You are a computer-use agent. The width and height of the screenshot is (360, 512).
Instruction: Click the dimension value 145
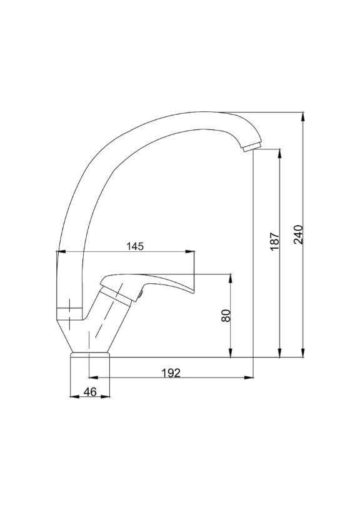click(x=135, y=246)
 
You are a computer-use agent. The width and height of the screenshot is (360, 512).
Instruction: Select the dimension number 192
click(x=171, y=373)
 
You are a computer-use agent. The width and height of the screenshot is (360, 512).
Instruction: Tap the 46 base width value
click(x=90, y=391)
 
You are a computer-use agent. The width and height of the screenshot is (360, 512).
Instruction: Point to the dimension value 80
click(x=226, y=316)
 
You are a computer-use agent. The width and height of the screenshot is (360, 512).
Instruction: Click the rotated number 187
click(x=275, y=241)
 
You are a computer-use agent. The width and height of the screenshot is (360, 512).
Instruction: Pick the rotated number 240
click(x=298, y=234)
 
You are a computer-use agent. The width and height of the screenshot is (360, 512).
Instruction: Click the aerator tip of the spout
click(x=252, y=147)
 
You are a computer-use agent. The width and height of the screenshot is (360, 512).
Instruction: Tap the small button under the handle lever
click(x=141, y=294)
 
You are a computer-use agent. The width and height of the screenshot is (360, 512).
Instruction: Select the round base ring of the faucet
click(x=91, y=355)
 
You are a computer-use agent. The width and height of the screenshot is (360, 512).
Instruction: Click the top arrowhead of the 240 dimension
click(x=304, y=116)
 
